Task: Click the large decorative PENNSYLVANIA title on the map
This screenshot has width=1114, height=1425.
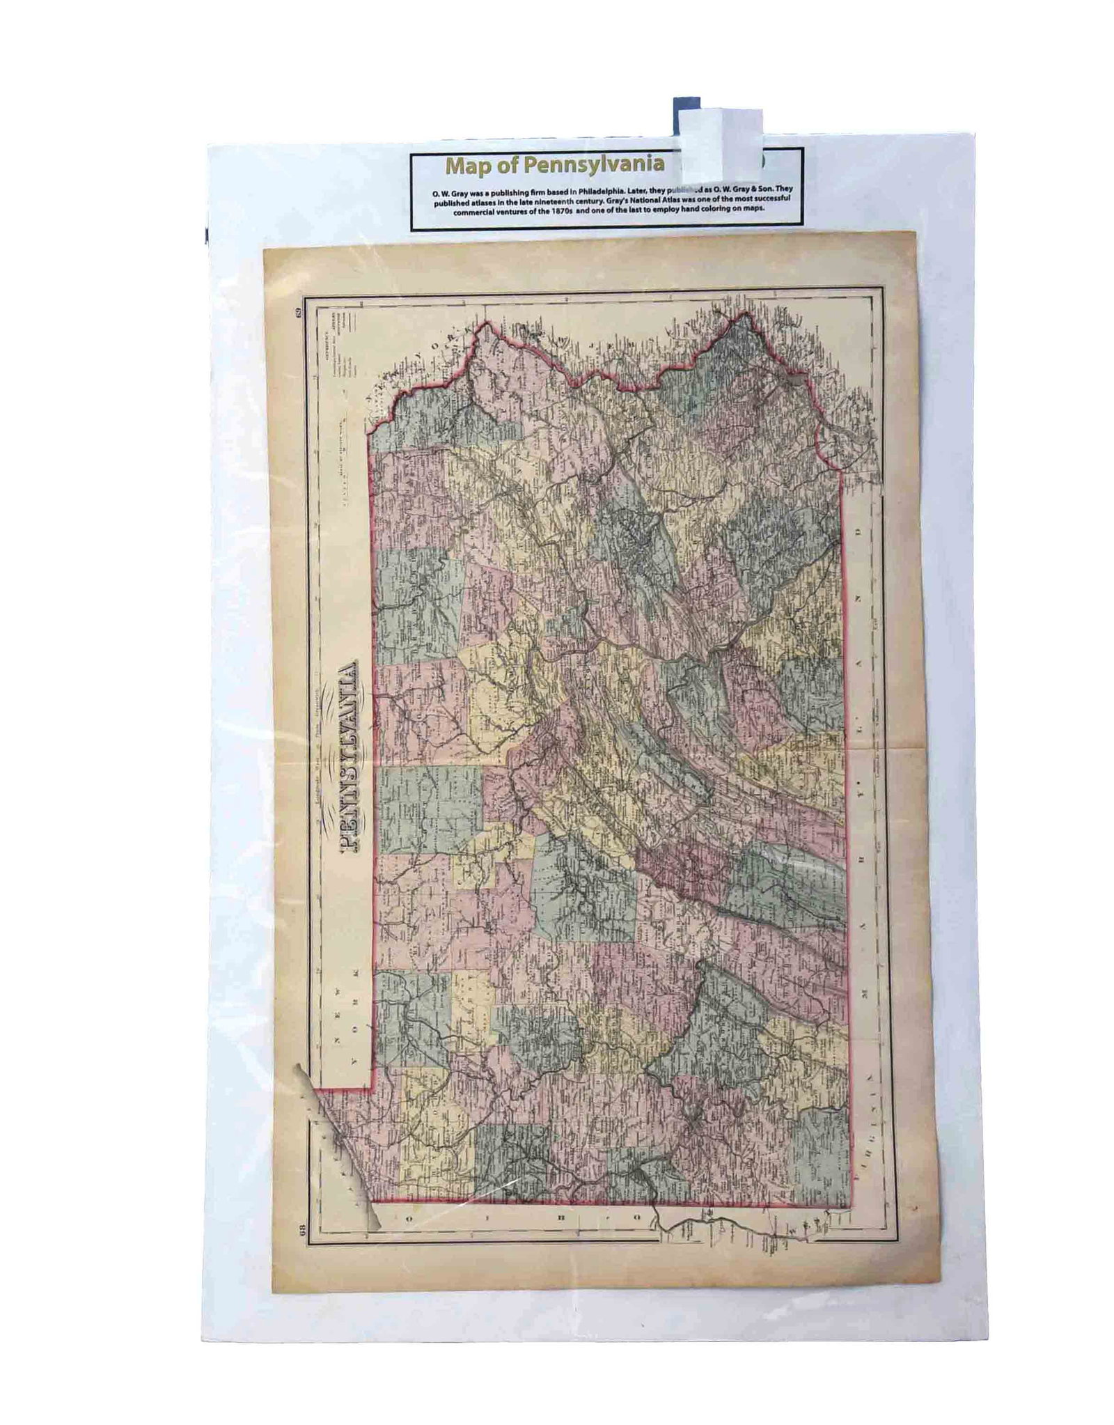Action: coord(348,756)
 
